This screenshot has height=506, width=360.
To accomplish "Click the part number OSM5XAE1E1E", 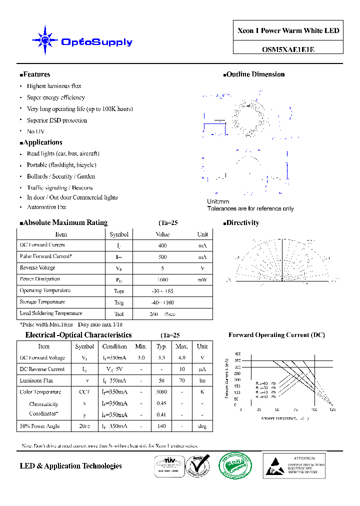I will click(288, 49).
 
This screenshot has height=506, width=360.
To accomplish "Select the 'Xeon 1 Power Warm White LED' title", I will click(288, 31).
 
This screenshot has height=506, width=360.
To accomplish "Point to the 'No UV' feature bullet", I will click(35, 131).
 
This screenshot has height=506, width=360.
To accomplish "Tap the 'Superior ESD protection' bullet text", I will click(57, 120).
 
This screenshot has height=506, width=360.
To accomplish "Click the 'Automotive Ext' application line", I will click(46, 206).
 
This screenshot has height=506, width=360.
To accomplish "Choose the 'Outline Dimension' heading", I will click(255, 74).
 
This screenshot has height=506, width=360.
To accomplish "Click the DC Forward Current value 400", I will click(162, 245).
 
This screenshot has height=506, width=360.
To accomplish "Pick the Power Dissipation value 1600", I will click(162, 279).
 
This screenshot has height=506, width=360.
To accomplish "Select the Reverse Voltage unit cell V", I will click(202, 268).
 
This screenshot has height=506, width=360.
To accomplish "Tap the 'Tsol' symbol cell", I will click(119, 314).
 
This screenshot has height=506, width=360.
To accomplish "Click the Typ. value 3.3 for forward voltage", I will click(161, 358).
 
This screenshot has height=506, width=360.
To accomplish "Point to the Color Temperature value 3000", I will click(161, 392).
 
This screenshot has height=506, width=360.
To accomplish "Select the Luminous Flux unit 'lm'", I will click(202, 380).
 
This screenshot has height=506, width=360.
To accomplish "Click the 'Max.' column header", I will click(181, 346).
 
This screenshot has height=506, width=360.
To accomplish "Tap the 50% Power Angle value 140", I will click(161, 426).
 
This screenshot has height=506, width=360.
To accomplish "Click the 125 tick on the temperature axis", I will click(332, 409).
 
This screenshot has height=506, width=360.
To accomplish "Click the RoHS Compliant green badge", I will click(235, 465).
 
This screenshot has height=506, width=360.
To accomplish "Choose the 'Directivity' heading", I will click(242, 223).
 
